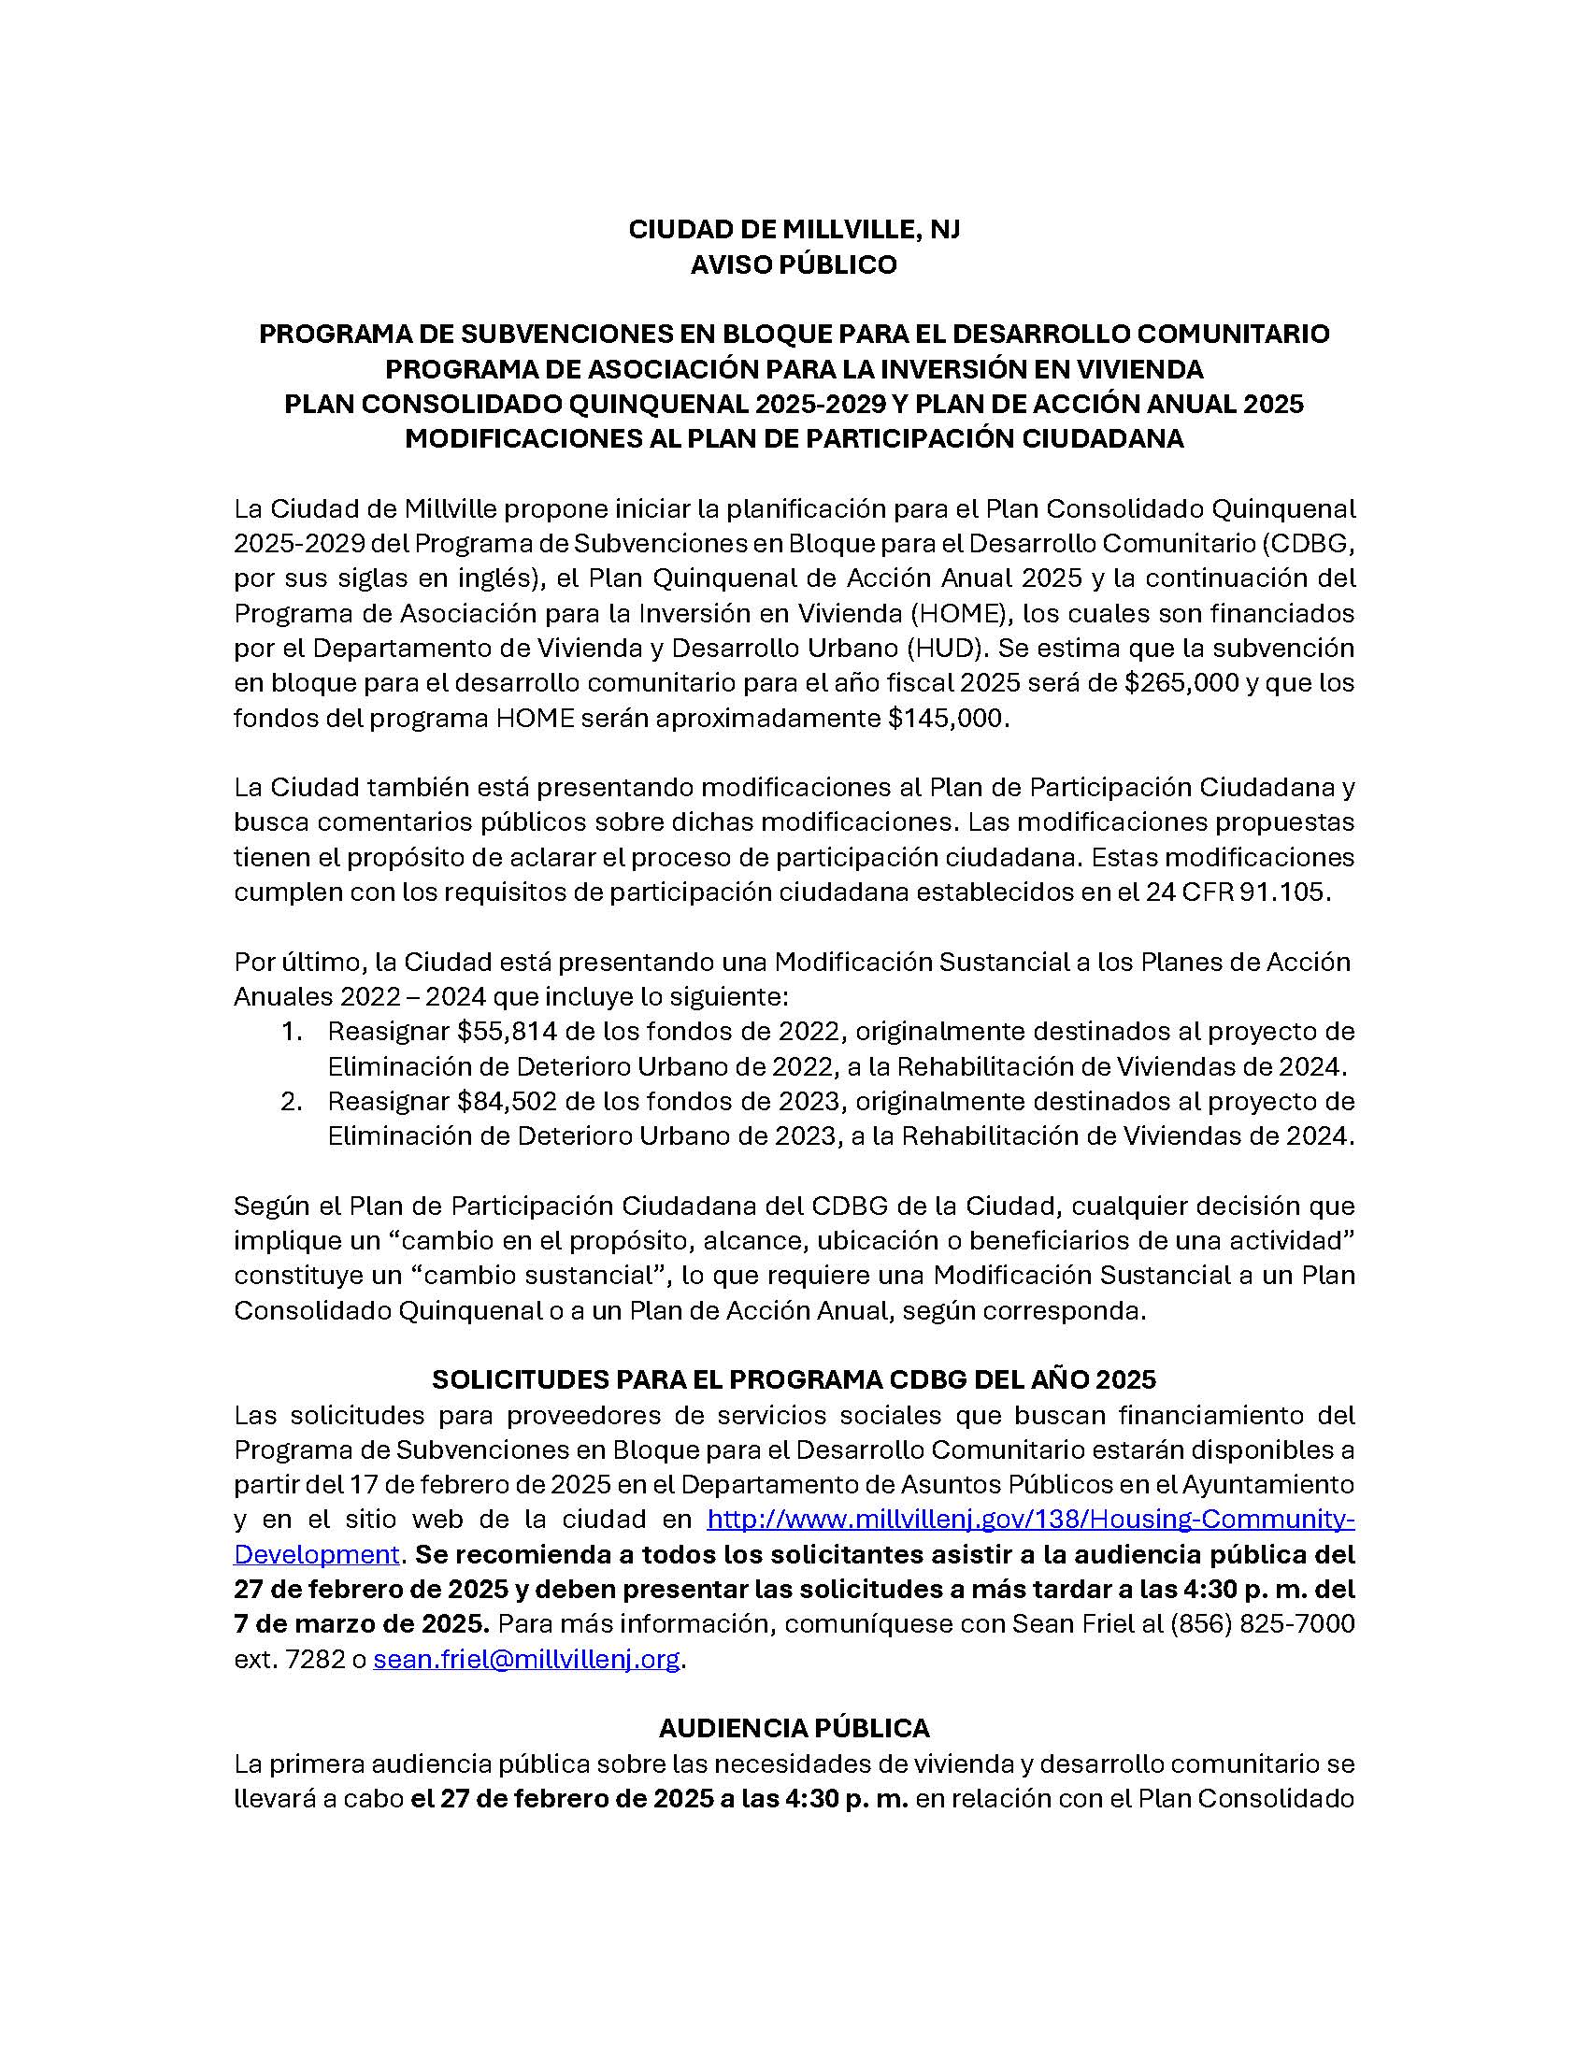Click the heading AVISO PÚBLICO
[794, 265]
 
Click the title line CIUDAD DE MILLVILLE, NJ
[794, 231]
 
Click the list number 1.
[291, 1031]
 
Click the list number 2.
[291, 1101]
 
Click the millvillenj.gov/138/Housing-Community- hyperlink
[1030, 1520]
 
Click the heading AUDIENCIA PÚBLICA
[794, 1728]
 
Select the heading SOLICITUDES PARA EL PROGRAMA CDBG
[794, 1380]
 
